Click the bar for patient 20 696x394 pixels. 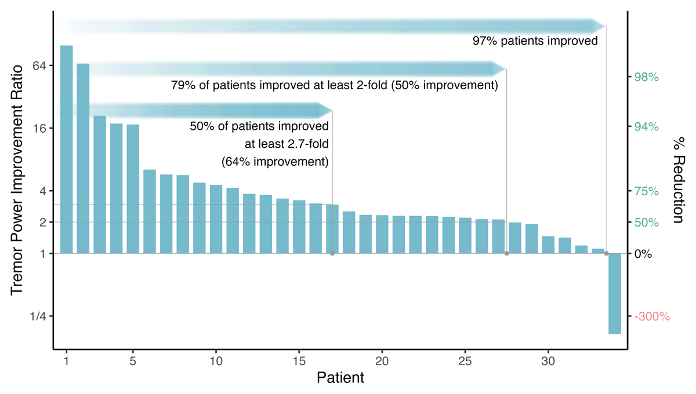(x=382, y=235)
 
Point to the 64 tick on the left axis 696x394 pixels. (x=38, y=65)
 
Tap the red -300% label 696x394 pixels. (x=652, y=317)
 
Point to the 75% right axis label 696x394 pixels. (x=647, y=191)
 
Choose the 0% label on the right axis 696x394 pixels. (x=644, y=254)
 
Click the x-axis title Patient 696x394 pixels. (x=340, y=378)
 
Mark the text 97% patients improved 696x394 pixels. (x=535, y=41)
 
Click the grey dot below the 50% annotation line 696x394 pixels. (x=332, y=254)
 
